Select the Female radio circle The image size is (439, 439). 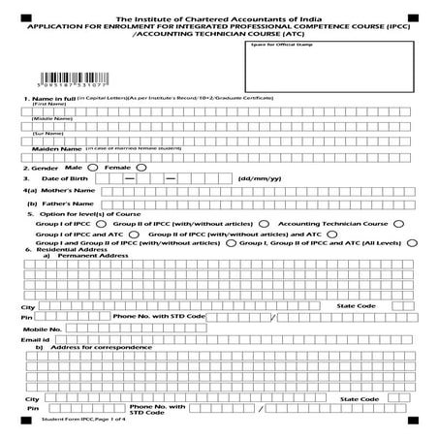pos(141,167)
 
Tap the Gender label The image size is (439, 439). pos(42,167)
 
